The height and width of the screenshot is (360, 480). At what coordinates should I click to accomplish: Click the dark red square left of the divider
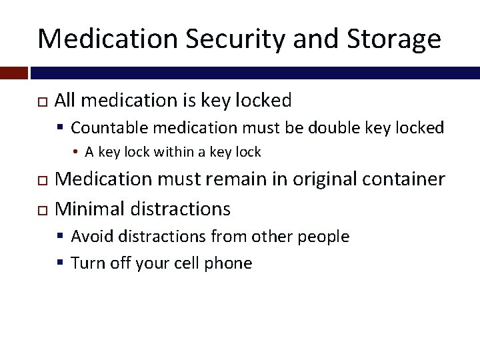pos(13,72)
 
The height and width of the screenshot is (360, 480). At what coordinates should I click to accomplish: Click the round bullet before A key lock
pos(77,153)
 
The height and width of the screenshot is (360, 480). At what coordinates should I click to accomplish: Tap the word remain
pos(227,179)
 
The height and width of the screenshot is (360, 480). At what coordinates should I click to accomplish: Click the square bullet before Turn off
pos(61,263)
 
